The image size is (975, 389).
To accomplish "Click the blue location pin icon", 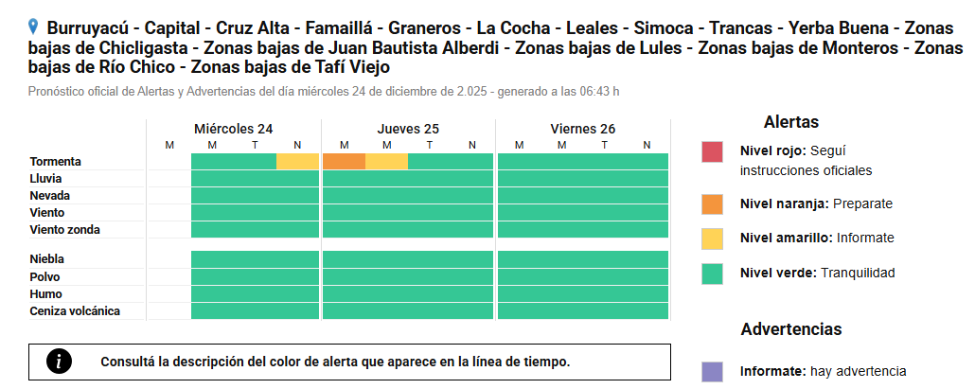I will tap(34, 27).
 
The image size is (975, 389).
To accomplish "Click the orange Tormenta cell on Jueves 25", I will tap(344, 162).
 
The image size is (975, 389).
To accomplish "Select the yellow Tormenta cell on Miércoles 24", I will tap(297, 162).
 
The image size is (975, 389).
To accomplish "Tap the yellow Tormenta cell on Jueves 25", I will tap(386, 162).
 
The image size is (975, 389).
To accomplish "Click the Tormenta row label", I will tap(55, 162).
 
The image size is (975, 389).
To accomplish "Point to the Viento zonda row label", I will tap(64, 230).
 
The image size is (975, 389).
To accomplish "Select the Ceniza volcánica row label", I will tap(75, 311).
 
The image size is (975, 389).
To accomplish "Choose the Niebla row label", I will tap(47, 258).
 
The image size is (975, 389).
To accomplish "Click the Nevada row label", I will tap(49, 196).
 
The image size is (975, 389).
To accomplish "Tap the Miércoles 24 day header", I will tap(234, 129).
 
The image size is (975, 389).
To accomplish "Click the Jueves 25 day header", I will tap(408, 129).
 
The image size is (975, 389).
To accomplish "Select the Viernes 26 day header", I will tap(582, 129).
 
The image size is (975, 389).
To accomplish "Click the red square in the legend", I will tap(713, 152).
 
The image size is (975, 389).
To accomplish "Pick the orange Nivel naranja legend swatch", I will tap(713, 203).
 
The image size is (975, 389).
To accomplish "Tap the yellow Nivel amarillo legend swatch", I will tap(713, 238).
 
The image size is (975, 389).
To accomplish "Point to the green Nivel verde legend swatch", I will tap(713, 273).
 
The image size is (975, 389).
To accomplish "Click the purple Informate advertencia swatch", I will tap(713, 371).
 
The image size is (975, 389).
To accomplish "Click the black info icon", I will tap(60, 362).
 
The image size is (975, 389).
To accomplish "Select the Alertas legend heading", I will tap(790, 122).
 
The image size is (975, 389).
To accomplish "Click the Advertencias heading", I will tap(790, 329).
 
